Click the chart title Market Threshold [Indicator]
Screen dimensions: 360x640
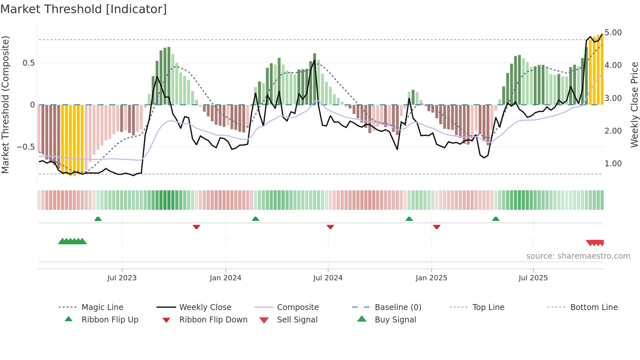tap(84, 9)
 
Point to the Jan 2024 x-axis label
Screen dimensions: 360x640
tap(225, 278)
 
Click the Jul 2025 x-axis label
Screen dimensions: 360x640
tap(533, 278)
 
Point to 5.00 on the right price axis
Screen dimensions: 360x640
tap(613, 33)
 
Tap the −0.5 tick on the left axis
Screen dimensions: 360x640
tap(26, 147)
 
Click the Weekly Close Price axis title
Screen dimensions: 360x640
tap(634, 105)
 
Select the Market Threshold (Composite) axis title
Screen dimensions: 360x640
tap(5, 105)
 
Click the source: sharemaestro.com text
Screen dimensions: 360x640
tap(578, 256)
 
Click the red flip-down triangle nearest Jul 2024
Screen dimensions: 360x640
tap(330, 227)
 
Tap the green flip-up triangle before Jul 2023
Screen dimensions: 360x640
tap(98, 219)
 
